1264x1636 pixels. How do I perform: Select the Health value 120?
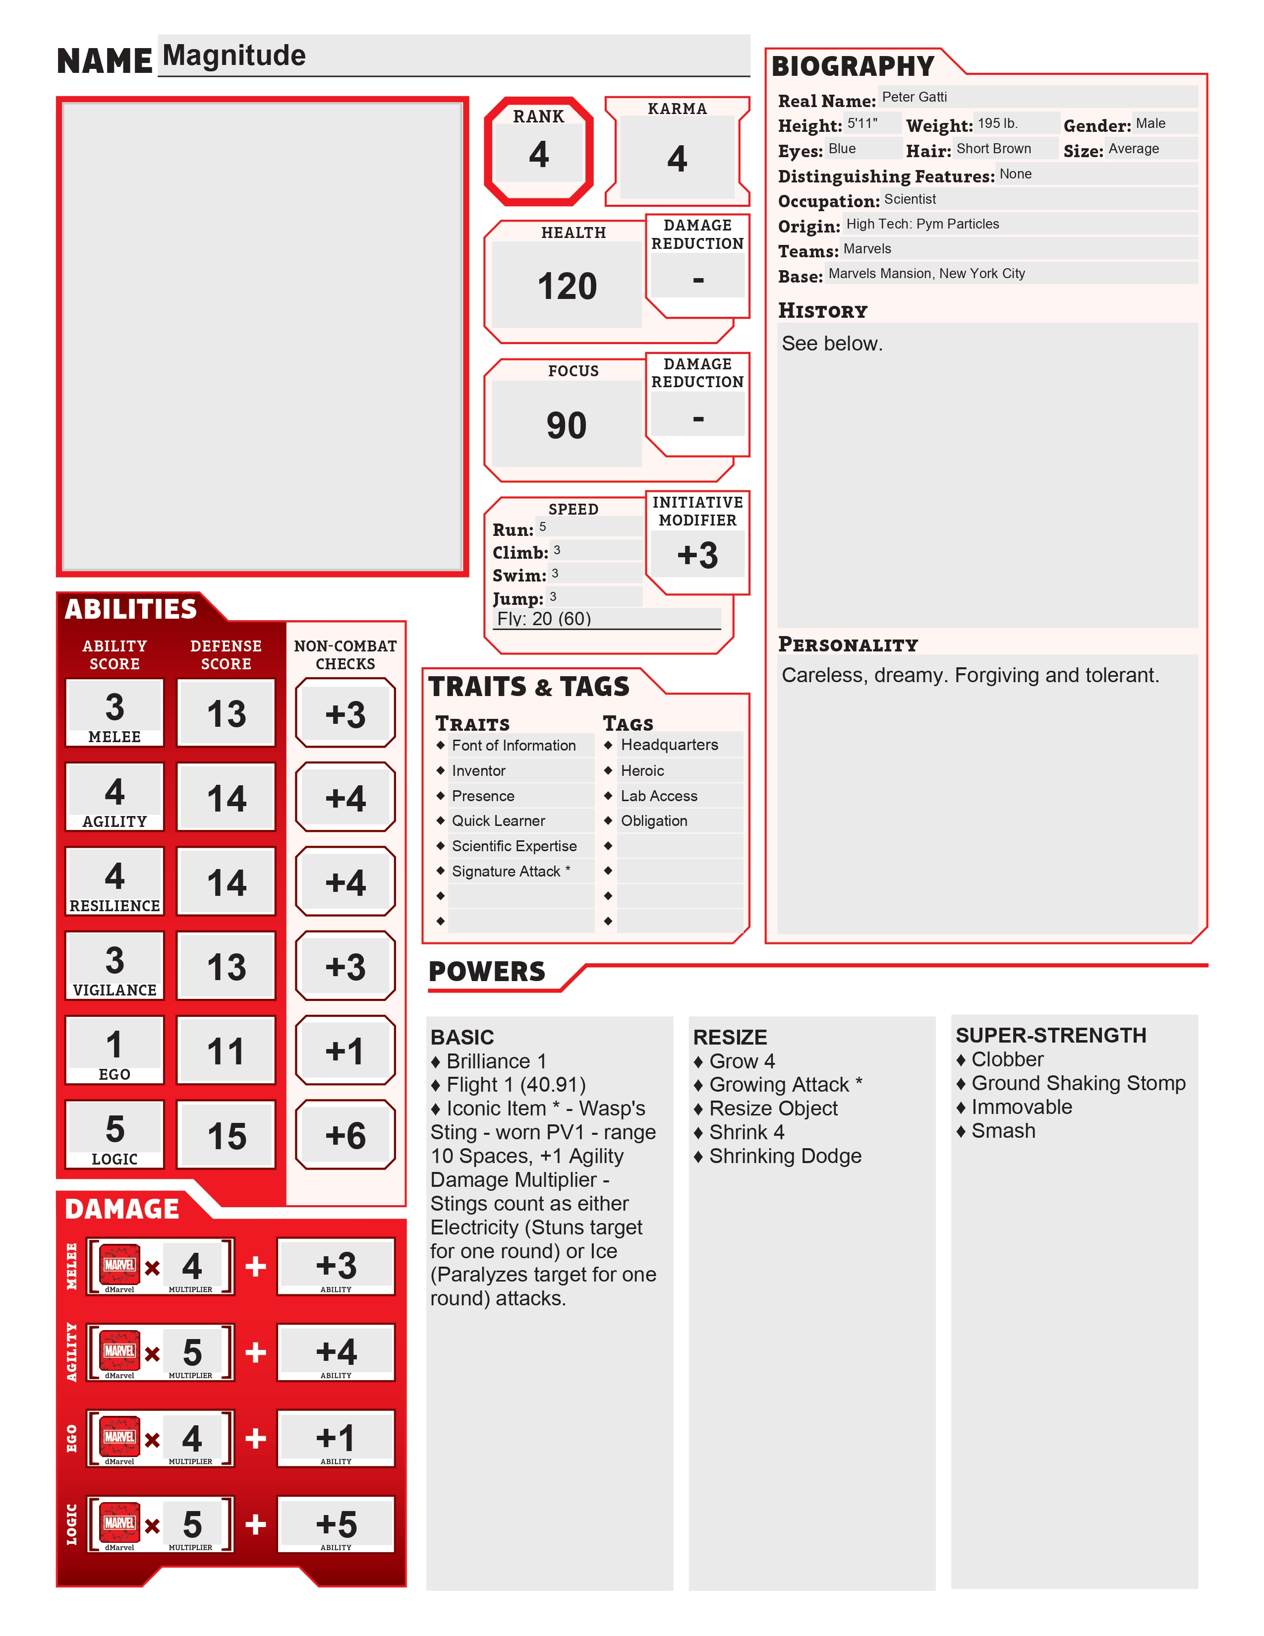coord(567,286)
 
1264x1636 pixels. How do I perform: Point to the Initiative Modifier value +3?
coord(697,556)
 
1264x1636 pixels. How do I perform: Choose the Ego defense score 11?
coord(226,1051)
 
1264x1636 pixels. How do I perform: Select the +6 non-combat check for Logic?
coord(345,1136)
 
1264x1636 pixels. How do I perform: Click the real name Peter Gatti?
coord(915,97)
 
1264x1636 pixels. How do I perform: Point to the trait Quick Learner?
coord(498,821)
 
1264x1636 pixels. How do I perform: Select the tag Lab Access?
coord(659,796)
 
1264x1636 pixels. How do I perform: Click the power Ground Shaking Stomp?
coord(1078,1083)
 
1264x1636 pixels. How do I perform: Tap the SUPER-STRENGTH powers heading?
coord(1050,1035)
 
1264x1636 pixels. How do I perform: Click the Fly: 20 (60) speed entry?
coord(544,619)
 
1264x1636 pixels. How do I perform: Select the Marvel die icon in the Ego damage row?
coord(120,1437)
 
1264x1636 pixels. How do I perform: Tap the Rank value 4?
coord(538,154)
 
